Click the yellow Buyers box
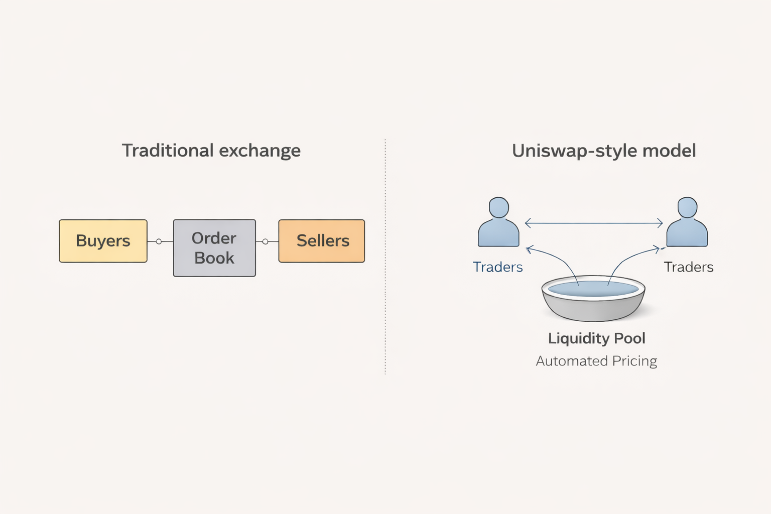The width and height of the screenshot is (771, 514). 103,241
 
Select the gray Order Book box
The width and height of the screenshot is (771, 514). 214,248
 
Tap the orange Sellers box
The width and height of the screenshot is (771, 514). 322,241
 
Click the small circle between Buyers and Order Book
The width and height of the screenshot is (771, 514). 159,241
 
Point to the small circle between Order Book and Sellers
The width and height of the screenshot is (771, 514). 265,241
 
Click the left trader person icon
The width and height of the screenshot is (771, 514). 498,223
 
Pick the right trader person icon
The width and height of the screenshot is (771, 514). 687,223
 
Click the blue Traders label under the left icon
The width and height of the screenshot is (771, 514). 498,267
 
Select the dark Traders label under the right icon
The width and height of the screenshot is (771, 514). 689,267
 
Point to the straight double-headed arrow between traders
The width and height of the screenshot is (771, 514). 594,223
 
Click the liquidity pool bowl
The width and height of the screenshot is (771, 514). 593,301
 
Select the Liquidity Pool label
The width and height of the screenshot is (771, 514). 596,338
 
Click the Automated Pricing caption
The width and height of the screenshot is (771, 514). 596,361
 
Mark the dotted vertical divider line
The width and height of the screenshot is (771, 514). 385,301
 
